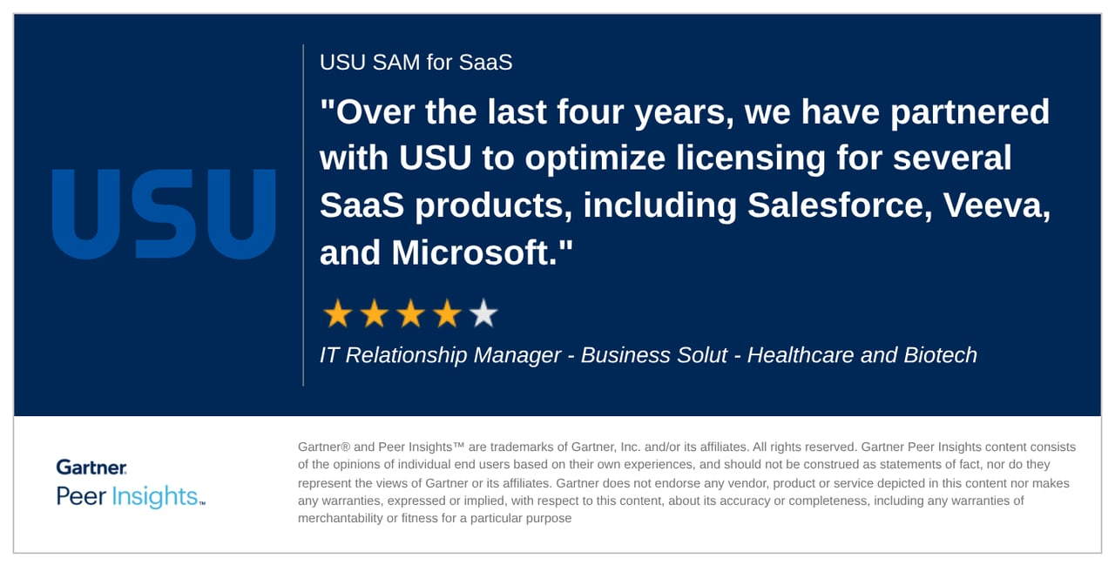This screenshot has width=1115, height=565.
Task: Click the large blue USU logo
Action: (x=164, y=214)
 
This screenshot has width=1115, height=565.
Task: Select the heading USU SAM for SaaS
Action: (x=416, y=63)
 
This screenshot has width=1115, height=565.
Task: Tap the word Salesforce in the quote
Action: (x=843, y=205)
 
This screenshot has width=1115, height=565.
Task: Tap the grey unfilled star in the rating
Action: (x=483, y=313)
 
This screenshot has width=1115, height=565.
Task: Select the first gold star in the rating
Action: (x=336, y=313)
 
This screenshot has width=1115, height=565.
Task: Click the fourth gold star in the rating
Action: (x=447, y=313)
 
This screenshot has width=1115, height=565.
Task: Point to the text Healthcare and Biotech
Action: (x=862, y=355)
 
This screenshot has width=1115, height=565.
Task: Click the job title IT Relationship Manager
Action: (x=440, y=355)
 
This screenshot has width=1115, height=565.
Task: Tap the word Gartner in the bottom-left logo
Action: (x=91, y=467)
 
